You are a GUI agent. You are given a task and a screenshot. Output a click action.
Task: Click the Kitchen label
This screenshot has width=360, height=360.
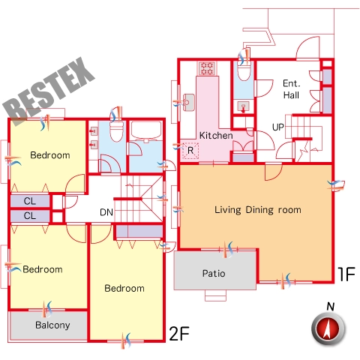216,136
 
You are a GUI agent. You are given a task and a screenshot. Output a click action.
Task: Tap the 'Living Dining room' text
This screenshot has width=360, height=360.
258,210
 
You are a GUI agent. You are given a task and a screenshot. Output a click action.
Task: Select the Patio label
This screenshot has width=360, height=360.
214,273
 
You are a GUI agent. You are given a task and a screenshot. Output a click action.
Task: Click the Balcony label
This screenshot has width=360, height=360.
52,325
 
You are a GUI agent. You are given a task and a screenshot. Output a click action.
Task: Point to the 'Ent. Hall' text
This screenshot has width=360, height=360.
291,89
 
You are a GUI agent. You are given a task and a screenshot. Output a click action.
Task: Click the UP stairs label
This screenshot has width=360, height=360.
278,127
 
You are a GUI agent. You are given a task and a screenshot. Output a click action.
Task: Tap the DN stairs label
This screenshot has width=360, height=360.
106,212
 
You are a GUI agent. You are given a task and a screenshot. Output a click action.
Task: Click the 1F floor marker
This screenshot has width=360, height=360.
346,274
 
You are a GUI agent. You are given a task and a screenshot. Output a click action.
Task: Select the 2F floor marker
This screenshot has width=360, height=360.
179,334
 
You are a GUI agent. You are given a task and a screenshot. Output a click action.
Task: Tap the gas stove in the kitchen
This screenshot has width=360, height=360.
207,68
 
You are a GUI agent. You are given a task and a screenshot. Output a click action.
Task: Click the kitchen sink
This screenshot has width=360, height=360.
189,102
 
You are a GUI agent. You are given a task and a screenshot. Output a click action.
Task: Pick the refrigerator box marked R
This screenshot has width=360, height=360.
190,151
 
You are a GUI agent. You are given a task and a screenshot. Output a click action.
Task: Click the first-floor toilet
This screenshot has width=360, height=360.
244,72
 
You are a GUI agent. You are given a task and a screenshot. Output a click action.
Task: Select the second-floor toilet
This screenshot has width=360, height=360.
117,131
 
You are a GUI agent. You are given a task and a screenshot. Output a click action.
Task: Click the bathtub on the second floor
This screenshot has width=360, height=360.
146,130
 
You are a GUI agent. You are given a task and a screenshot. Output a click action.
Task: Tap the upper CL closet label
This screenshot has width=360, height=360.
30,201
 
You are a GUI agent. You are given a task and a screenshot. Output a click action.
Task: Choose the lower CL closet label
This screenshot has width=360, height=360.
30,215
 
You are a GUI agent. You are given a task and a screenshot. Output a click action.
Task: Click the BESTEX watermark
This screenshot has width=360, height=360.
49,91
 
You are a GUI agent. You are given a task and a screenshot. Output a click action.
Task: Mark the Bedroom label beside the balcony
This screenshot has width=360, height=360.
43,269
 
